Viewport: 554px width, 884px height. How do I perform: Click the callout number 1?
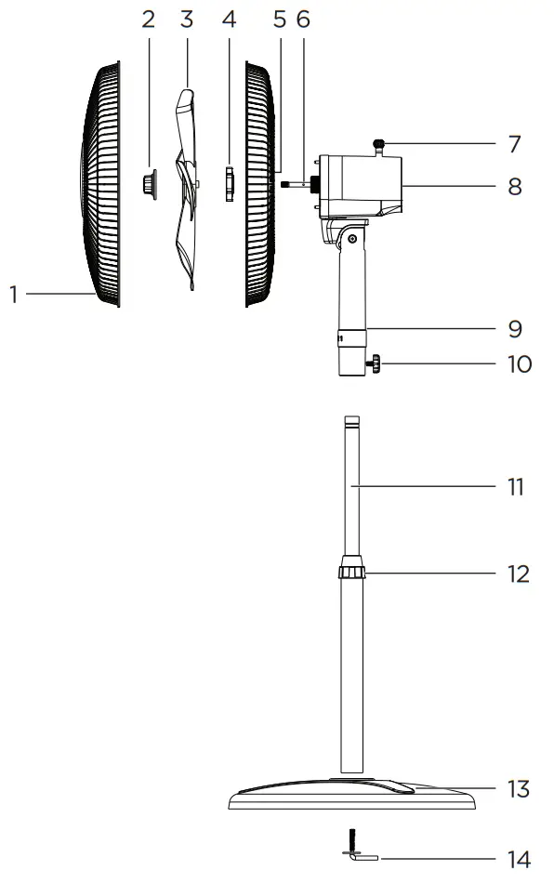click(x=14, y=295)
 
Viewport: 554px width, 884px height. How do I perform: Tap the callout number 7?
click(x=514, y=144)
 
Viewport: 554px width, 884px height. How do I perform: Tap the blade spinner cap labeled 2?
click(x=149, y=183)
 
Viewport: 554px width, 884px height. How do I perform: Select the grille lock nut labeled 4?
click(x=230, y=183)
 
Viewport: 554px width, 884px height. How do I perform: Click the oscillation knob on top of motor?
click(x=379, y=143)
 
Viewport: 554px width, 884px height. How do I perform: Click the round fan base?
click(x=353, y=798)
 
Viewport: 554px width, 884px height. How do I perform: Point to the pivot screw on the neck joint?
click(x=353, y=239)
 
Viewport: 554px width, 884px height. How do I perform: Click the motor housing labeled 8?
click(x=363, y=186)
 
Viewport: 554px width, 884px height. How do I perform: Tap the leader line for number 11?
click(x=428, y=486)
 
